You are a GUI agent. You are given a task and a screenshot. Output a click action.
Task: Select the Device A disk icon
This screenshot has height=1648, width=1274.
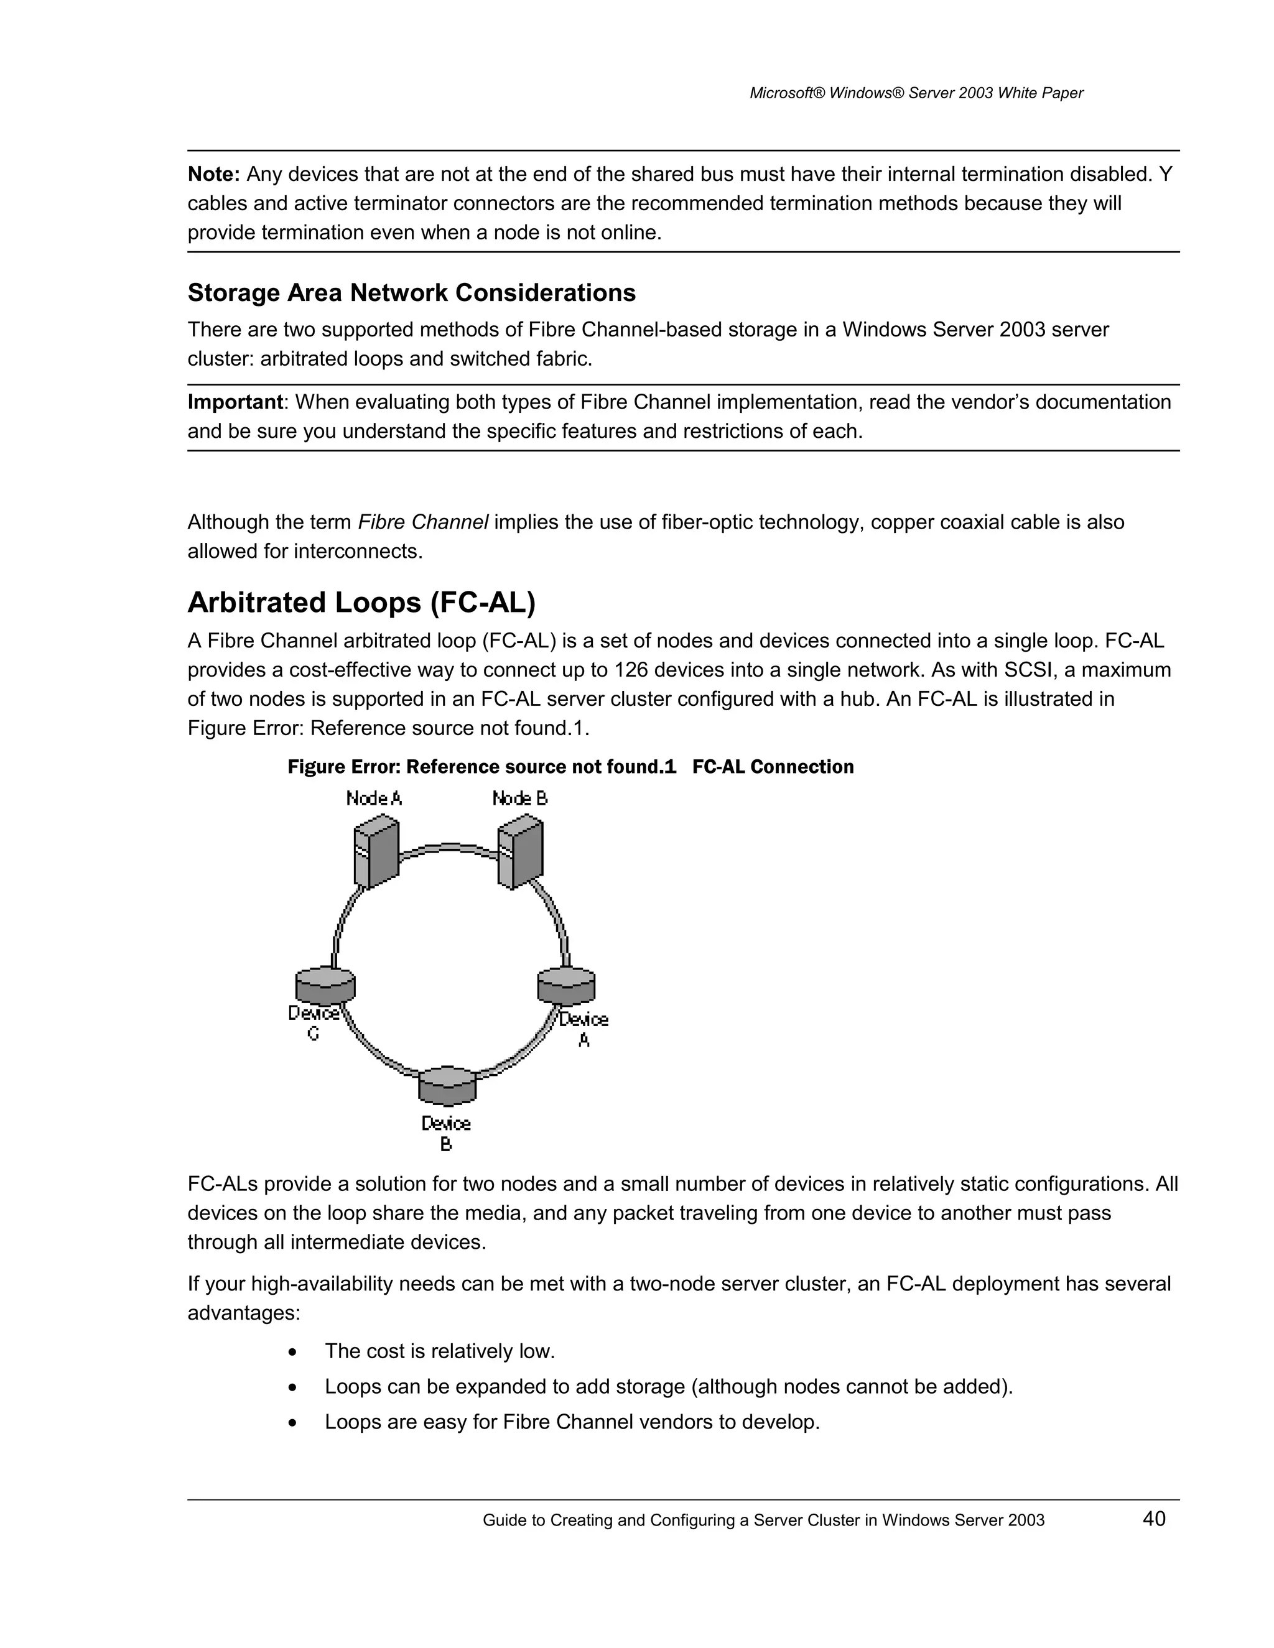pos(566,986)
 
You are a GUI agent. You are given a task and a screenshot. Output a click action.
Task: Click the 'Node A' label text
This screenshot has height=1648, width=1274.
pos(374,799)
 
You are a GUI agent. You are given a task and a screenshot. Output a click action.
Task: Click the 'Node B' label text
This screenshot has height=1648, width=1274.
pos(519,799)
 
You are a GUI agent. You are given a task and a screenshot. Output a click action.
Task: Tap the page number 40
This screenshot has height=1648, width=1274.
pos(1154,1519)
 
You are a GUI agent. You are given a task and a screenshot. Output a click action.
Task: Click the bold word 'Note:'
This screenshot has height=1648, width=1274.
pos(213,174)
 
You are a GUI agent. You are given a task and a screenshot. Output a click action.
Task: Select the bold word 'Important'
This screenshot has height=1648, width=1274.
pos(235,402)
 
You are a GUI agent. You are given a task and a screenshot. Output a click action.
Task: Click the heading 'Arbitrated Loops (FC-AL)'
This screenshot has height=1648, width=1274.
pos(361,603)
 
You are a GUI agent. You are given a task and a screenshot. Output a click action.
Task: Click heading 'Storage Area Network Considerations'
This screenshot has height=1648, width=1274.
pos(411,293)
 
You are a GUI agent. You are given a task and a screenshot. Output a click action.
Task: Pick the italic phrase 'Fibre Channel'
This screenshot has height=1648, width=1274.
pos(422,522)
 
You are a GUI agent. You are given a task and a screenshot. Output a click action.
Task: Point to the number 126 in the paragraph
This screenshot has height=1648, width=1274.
pos(631,670)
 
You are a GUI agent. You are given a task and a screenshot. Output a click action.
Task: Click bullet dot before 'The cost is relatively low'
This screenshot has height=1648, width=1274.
pos(293,1351)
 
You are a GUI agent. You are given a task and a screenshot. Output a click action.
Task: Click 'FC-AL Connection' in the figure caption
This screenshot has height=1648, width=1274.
pos(773,767)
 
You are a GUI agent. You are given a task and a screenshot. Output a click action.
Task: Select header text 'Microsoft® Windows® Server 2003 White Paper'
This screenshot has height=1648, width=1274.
pos(916,93)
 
